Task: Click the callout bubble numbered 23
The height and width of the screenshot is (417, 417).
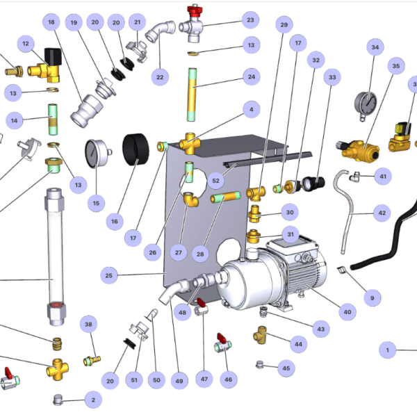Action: coord(250,19)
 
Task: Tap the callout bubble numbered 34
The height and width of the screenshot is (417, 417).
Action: coord(375,48)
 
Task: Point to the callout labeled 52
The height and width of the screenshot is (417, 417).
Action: coord(215,180)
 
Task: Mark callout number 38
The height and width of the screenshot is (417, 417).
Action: coord(88,324)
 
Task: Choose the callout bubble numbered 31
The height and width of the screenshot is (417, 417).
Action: coord(291,235)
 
